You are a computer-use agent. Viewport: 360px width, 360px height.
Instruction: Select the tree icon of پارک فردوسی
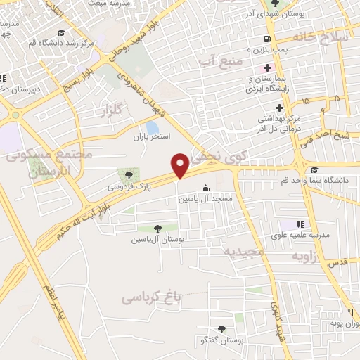128,174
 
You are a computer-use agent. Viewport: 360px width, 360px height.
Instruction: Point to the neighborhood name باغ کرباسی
151,297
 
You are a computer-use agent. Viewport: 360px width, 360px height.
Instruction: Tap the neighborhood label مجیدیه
243,251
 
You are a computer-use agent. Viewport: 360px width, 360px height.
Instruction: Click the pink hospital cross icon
266,67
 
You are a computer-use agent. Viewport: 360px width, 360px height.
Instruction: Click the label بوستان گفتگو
221,341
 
